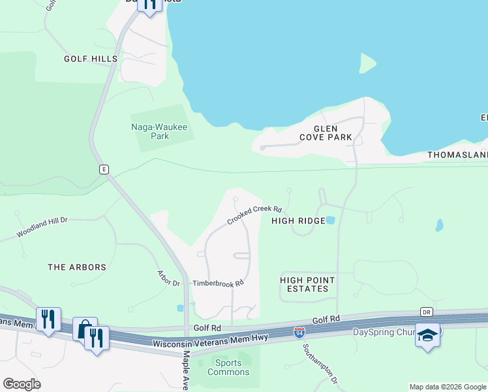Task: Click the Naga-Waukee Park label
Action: [x=151, y=131]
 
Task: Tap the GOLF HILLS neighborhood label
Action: [x=91, y=59]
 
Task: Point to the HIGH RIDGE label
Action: [x=298, y=221]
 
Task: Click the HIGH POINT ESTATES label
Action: [x=307, y=284]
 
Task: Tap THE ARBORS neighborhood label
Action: [x=77, y=267]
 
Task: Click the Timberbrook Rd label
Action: [x=218, y=284]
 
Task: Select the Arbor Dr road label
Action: [x=168, y=278]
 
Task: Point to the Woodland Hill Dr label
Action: [x=42, y=226]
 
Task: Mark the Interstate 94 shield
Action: [x=299, y=333]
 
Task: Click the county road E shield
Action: [x=104, y=169]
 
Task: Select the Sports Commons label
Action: [x=228, y=367]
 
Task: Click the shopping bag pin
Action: [x=84, y=329]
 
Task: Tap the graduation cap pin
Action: [x=427, y=335]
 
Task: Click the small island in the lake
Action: [x=367, y=63]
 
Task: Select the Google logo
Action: [x=22, y=384]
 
